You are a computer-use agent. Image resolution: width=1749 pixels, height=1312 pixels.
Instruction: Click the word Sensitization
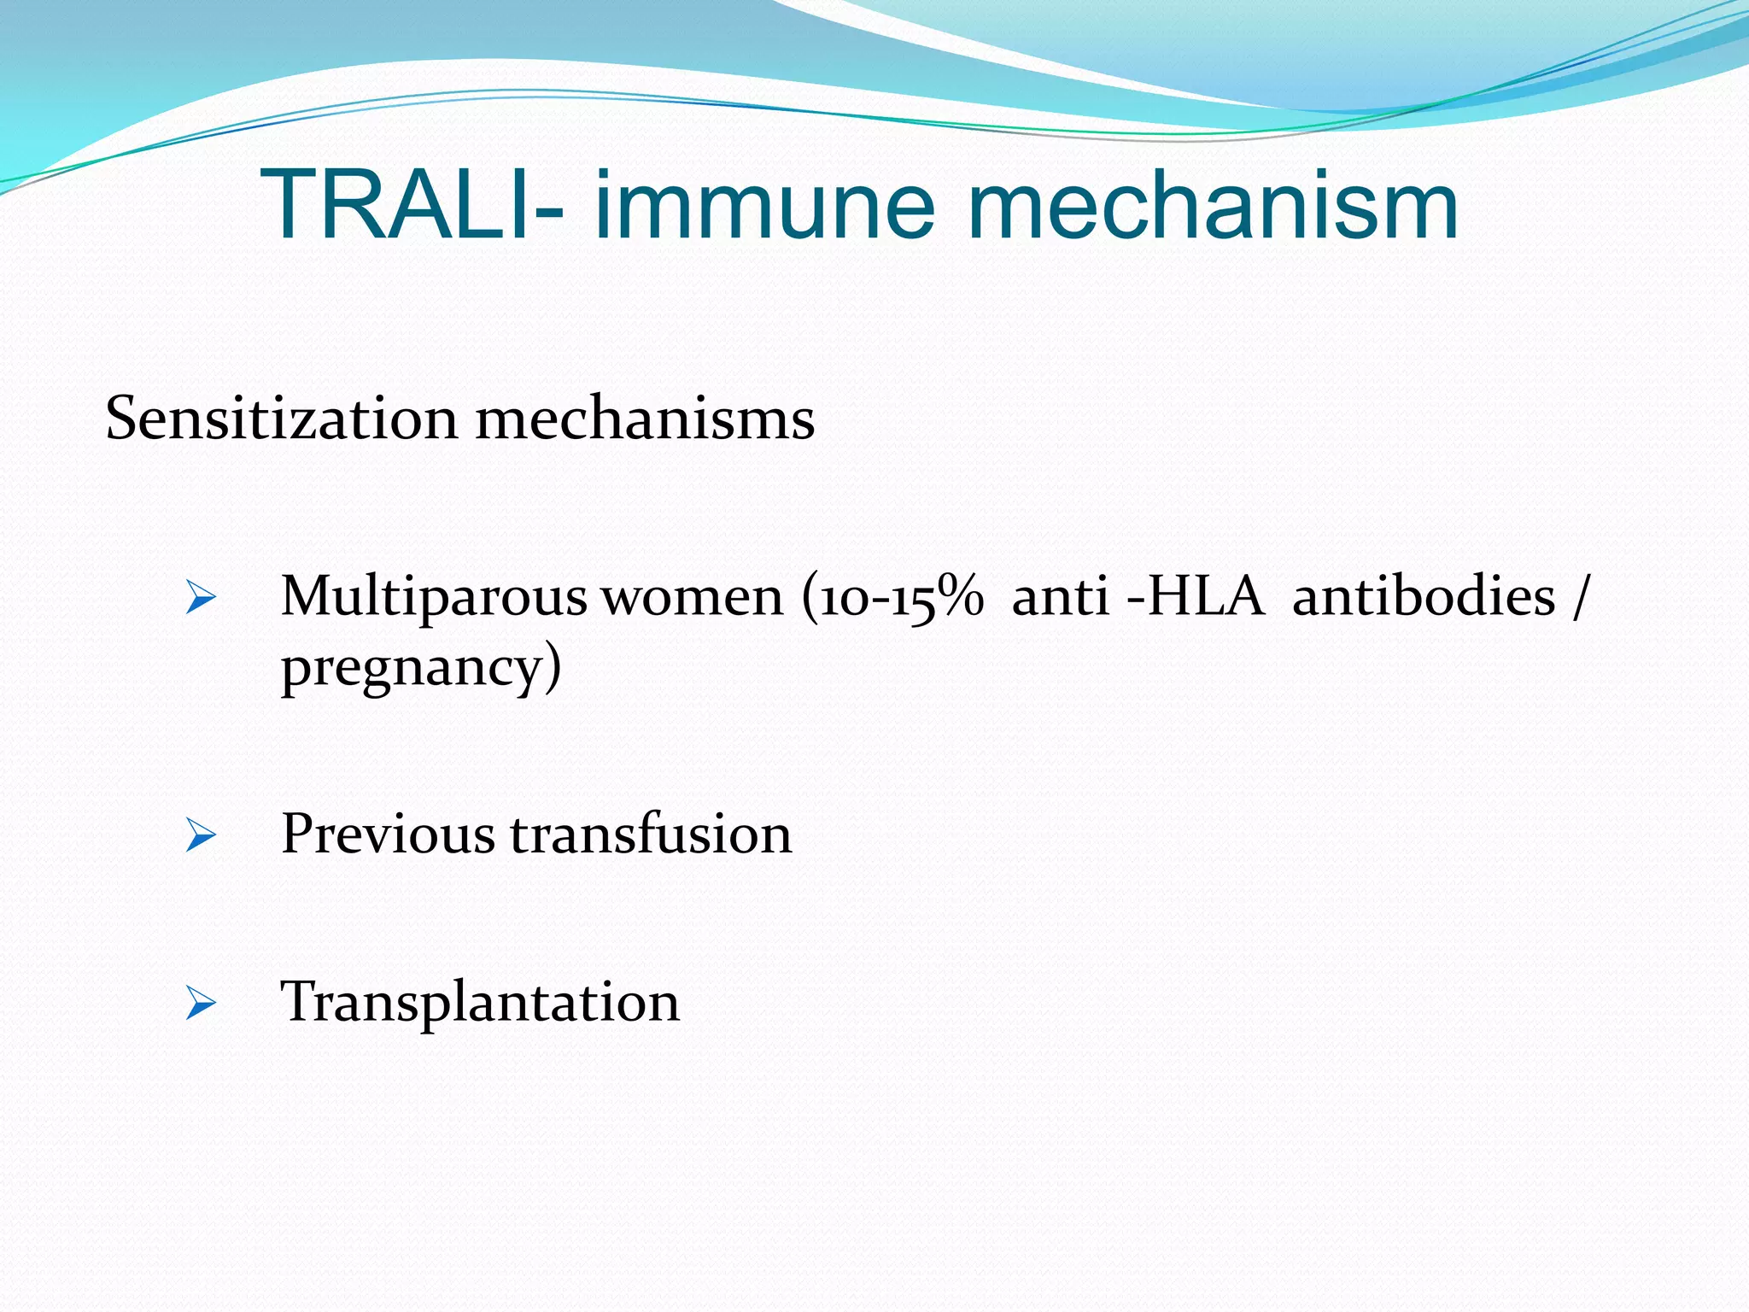[281, 419]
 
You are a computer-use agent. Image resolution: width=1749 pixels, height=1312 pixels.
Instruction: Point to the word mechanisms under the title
[645, 419]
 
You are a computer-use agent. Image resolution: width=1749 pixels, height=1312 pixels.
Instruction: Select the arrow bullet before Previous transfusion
[201, 835]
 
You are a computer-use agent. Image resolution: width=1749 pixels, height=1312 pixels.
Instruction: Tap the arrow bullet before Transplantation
[201, 1003]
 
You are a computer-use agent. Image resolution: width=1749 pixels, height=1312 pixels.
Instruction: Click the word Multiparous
[433, 597]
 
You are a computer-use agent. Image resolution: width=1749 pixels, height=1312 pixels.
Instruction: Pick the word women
[693, 597]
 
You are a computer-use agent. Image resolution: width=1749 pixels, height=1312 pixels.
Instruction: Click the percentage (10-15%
[892, 597]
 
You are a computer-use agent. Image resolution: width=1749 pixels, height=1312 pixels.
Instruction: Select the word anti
[1060, 597]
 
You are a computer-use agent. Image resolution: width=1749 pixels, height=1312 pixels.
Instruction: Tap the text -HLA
[1195, 597]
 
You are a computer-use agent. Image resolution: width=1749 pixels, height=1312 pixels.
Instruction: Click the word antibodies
[1424, 597]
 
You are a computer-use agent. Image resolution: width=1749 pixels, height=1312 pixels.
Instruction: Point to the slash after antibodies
[1581, 597]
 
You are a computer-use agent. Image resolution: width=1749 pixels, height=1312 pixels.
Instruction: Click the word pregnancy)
[421, 668]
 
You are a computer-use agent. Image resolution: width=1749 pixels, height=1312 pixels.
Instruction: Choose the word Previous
[388, 834]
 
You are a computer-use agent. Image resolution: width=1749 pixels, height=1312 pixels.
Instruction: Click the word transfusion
[651, 834]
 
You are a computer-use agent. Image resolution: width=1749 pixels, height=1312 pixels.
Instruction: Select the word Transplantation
[480, 1002]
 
